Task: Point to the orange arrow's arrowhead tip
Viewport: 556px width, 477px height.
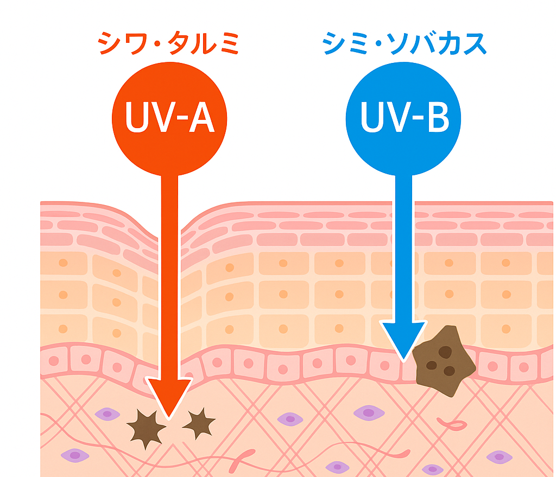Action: [169, 418]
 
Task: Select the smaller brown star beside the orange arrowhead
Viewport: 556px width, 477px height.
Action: [199, 423]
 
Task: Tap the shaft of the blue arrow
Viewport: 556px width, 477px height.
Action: [403, 244]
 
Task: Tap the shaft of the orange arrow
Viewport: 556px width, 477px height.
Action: [169, 271]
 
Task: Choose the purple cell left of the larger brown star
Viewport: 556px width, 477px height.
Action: [107, 415]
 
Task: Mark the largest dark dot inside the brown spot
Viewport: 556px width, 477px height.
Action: [445, 352]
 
